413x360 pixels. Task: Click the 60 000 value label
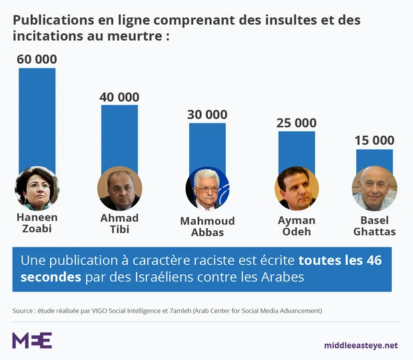pyautogui.click(x=37, y=59)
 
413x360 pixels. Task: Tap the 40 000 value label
pyautogui.click(x=119, y=97)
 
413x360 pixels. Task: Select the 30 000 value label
pyautogui.click(x=207, y=114)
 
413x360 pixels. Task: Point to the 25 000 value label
pyautogui.click(x=296, y=123)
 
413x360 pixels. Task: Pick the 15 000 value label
pyautogui.click(x=374, y=140)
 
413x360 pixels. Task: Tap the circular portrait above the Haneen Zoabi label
pyautogui.click(x=37, y=188)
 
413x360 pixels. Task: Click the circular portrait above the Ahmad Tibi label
pyautogui.click(x=119, y=188)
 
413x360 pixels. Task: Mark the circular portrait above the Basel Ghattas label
pyautogui.click(x=374, y=188)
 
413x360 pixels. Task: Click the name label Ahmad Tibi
pyautogui.click(x=119, y=224)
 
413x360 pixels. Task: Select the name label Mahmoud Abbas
pyautogui.click(x=207, y=227)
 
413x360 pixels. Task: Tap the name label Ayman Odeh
pyautogui.click(x=296, y=226)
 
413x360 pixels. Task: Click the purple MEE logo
pyautogui.click(x=32, y=340)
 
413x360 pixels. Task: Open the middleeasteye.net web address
pyautogui.click(x=360, y=345)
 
